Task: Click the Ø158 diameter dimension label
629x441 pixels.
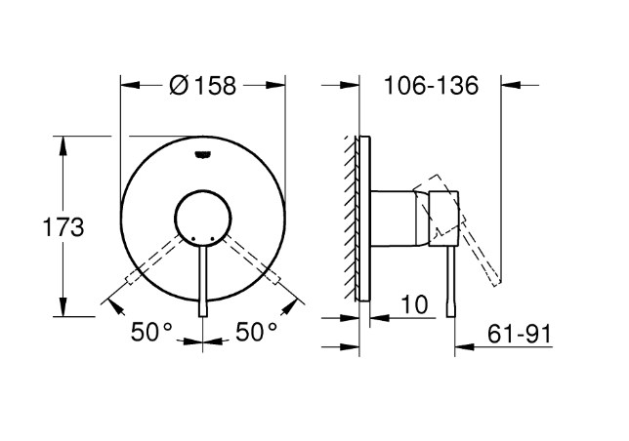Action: tap(202, 85)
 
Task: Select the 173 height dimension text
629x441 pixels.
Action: tap(63, 227)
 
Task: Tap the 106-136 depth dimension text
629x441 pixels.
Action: tap(432, 85)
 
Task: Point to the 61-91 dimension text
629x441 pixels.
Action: tap(520, 334)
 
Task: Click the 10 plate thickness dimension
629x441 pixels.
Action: tap(414, 304)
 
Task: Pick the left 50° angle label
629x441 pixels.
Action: tap(151, 332)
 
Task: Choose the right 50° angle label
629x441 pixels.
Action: tap(256, 332)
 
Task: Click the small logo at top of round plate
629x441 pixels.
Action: tap(203, 154)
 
